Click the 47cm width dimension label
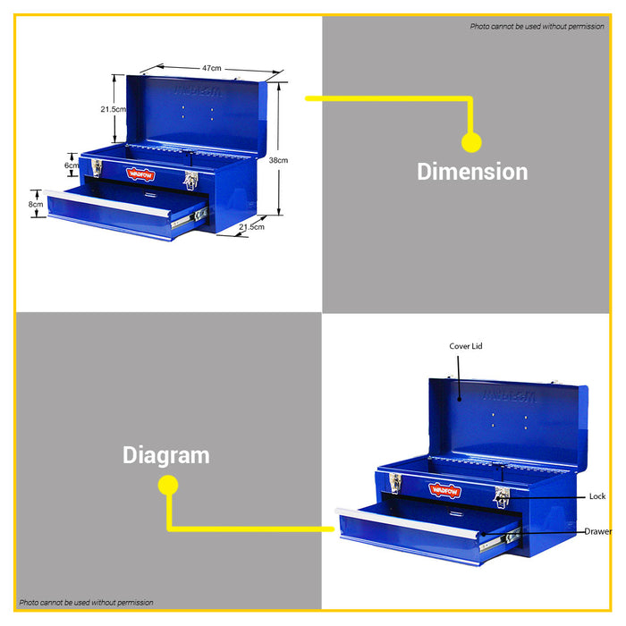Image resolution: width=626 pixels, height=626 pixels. (x=212, y=68)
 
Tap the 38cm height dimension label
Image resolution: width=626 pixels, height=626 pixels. (x=278, y=160)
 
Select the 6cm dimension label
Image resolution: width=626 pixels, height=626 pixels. (x=72, y=165)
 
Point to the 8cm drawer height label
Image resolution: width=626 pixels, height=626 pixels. (x=36, y=204)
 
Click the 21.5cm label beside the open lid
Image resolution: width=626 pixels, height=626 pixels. (x=113, y=109)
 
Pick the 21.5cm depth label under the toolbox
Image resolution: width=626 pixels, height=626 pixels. (x=251, y=227)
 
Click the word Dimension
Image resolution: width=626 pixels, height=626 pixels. (x=472, y=172)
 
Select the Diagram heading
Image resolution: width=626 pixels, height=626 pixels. (x=166, y=455)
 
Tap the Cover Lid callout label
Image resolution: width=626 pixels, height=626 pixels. (x=466, y=346)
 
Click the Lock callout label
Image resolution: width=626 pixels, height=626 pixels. (x=597, y=496)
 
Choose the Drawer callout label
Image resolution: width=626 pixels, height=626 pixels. (x=598, y=531)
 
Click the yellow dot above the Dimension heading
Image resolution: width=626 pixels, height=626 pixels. (x=471, y=142)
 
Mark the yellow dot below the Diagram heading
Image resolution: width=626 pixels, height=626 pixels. (x=168, y=485)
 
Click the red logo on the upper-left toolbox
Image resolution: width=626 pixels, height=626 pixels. (x=140, y=174)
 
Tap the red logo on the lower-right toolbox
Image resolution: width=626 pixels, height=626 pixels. (x=444, y=490)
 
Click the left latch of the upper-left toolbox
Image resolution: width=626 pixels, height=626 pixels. (x=97, y=168)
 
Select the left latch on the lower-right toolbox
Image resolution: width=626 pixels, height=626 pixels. (x=395, y=483)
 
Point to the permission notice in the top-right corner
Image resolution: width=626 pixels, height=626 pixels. (x=537, y=26)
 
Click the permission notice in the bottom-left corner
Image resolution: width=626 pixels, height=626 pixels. (x=86, y=603)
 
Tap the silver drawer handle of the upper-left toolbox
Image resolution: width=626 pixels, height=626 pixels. (x=108, y=203)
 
